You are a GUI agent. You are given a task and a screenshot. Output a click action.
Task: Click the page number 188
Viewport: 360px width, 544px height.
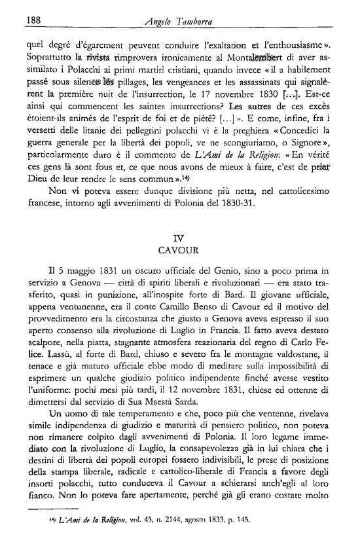33,20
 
